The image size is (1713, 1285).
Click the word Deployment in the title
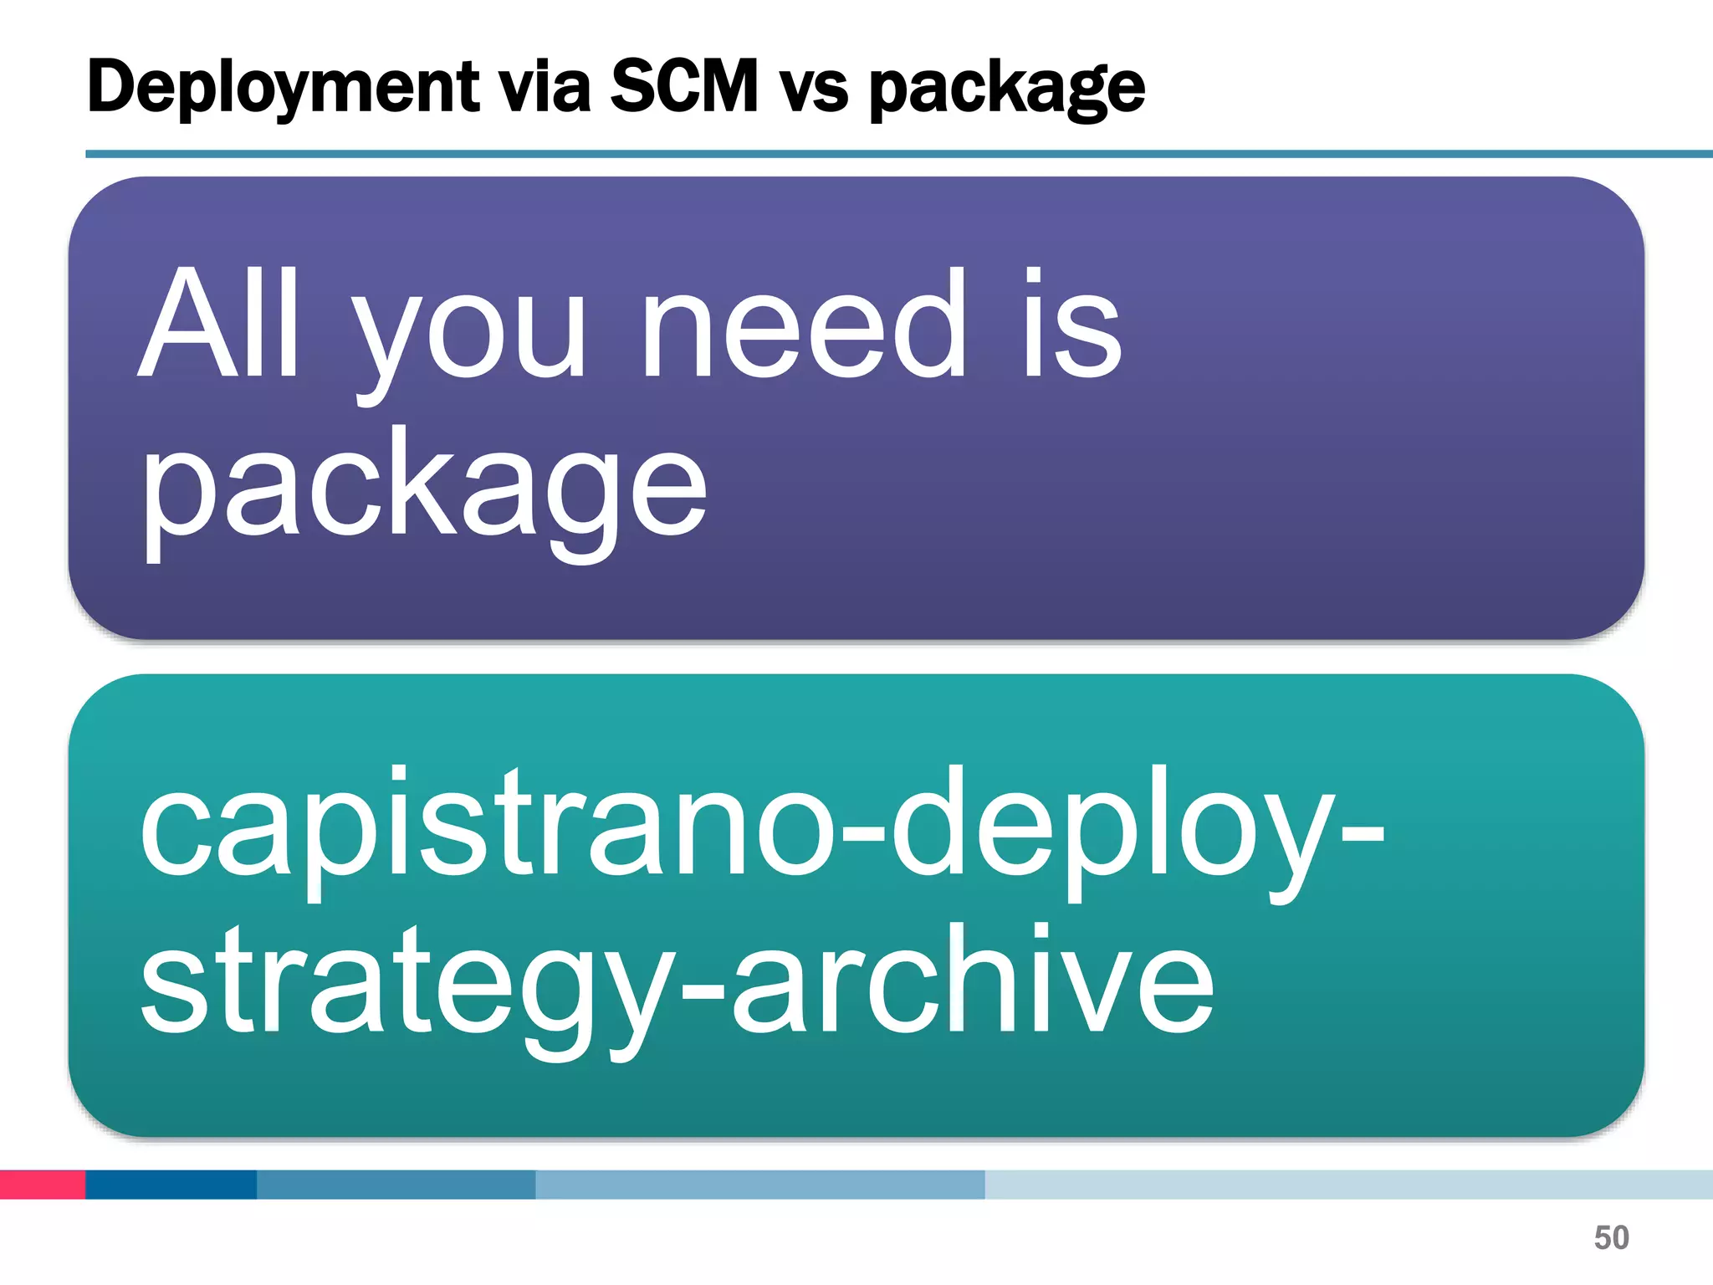[x=283, y=88]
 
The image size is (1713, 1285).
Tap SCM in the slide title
[x=683, y=86]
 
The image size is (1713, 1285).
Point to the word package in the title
[x=1006, y=90]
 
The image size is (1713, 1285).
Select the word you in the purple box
[x=468, y=335]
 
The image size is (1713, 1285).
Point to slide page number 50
[x=1611, y=1237]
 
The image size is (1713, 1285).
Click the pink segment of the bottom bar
[x=42, y=1185]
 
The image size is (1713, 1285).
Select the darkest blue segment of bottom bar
[x=171, y=1185]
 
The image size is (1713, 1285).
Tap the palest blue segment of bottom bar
[x=1347, y=1185]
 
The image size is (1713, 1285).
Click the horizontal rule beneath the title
[x=898, y=154]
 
